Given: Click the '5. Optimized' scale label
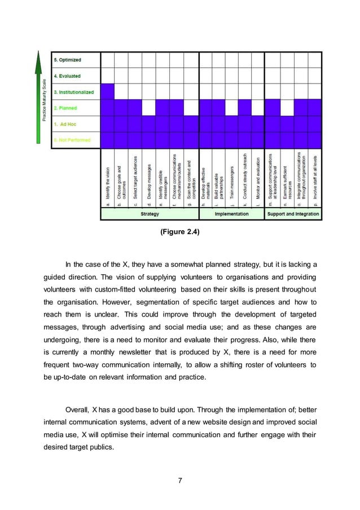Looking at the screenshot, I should (67, 60).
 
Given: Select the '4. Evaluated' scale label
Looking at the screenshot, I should (67, 76).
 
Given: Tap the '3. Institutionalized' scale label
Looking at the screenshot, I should (73, 92).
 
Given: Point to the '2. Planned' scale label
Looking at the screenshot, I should (65, 108).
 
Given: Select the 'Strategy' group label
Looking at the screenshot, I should (150, 214).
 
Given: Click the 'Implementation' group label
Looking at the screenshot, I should (231, 214).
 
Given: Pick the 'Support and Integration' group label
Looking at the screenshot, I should (293, 214).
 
